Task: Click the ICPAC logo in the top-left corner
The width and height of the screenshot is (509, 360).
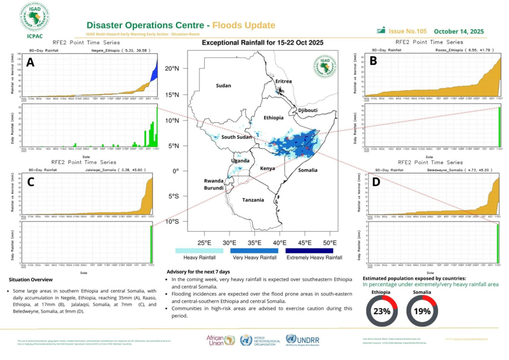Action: tap(34, 19)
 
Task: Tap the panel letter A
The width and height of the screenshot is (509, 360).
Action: tap(30, 63)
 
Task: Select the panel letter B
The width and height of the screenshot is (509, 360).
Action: tap(373, 61)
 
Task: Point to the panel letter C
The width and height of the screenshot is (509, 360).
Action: tap(30, 181)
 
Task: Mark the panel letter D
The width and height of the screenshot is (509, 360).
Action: tap(376, 182)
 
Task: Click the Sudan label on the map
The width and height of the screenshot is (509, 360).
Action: tap(223, 86)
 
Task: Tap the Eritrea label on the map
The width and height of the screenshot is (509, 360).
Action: tap(283, 81)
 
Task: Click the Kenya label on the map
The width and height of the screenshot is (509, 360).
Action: tap(268, 169)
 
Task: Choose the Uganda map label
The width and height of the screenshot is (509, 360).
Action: tap(240, 161)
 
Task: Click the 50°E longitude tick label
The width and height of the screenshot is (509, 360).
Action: tap(329, 243)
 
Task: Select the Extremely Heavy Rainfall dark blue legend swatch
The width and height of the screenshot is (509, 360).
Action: tap(314, 251)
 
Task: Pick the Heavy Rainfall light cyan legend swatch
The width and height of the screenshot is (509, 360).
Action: tap(199, 251)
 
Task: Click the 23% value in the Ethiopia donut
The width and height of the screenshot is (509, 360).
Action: tap(382, 311)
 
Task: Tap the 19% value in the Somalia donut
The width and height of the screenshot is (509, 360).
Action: tap(423, 311)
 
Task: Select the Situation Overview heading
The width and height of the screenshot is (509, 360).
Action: tap(31, 279)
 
